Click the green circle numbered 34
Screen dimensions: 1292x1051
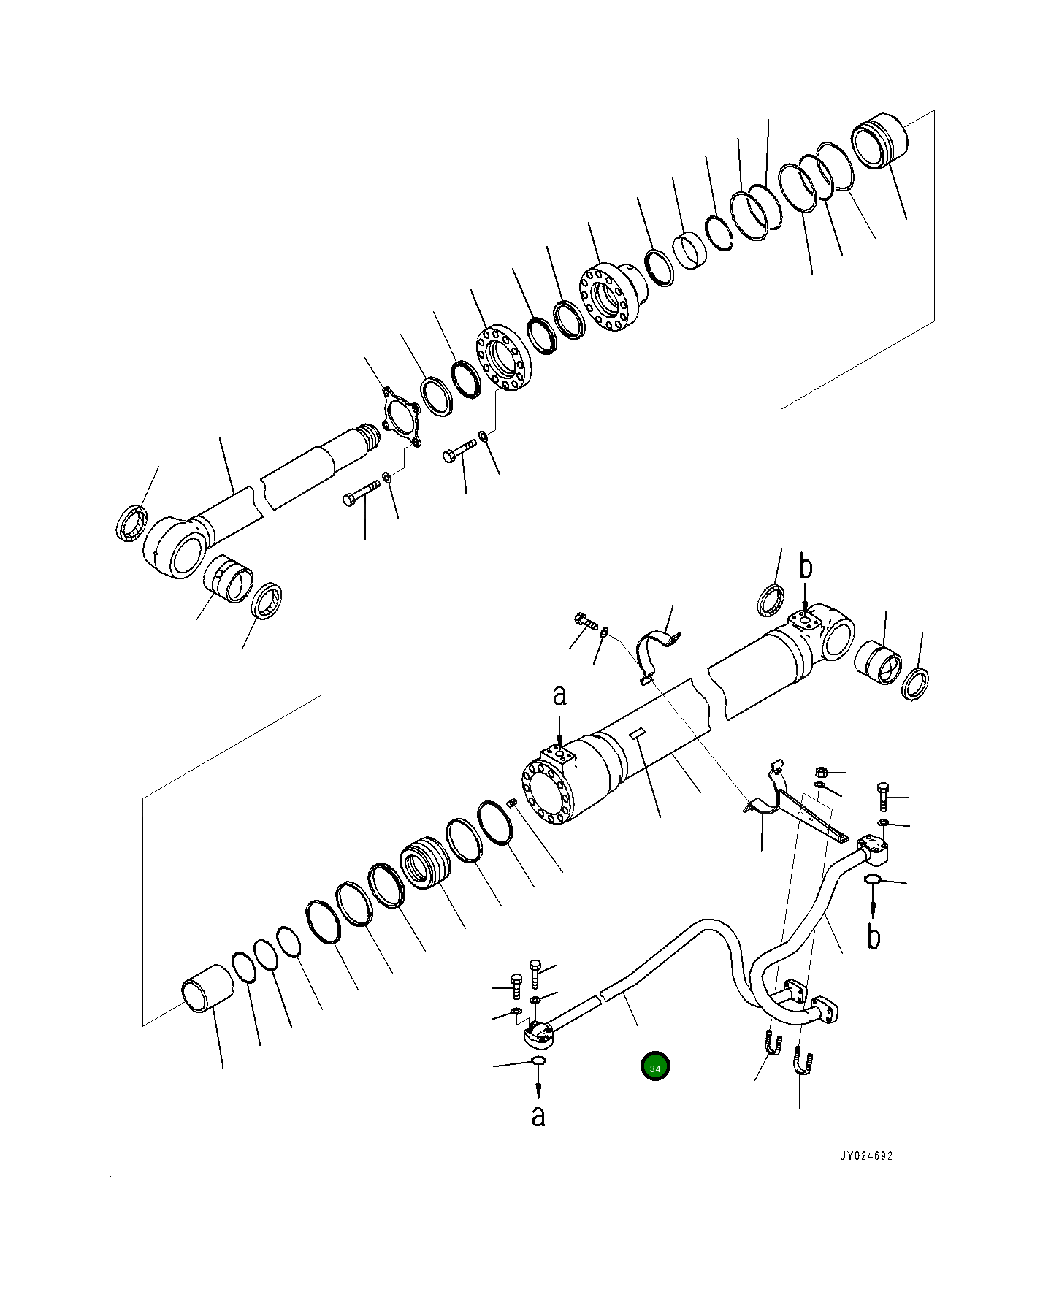655,1067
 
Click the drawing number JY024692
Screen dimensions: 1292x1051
865,1156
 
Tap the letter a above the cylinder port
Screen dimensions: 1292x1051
559,695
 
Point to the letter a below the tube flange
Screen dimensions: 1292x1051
538,1115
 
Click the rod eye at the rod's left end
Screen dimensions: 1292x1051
175,546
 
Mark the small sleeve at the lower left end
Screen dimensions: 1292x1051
206,989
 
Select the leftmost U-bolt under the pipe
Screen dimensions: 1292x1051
773,1045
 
